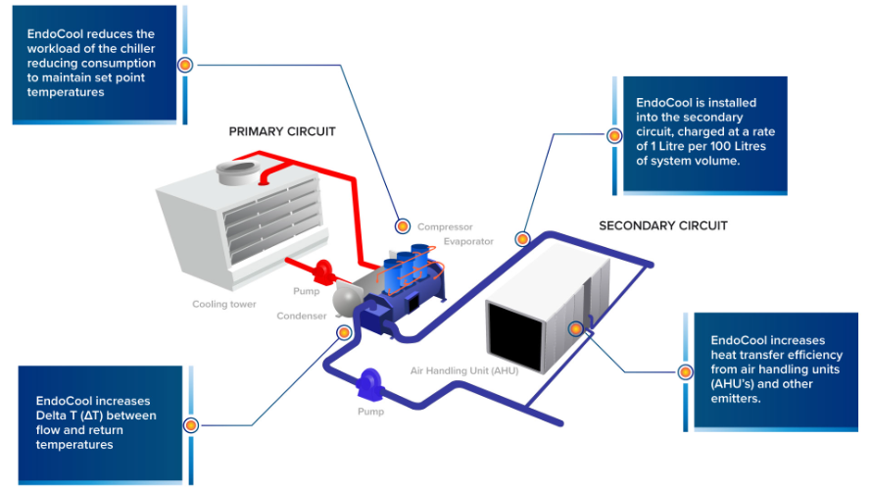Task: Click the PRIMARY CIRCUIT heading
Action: [x=282, y=132]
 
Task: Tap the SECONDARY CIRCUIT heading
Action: [x=663, y=225]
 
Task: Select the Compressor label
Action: [x=445, y=227]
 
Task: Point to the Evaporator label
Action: [x=468, y=241]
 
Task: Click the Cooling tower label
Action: [x=224, y=304]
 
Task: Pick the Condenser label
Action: [x=302, y=316]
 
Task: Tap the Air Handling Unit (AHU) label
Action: [x=464, y=370]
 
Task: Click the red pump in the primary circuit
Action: [x=322, y=272]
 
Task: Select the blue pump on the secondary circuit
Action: [x=368, y=384]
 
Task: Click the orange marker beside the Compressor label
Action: [x=403, y=226]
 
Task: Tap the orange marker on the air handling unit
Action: [x=576, y=329]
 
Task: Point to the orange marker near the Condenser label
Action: [x=344, y=332]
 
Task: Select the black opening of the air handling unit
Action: [x=515, y=337]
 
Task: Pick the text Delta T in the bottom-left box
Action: [x=56, y=416]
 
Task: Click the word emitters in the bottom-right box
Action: [x=735, y=399]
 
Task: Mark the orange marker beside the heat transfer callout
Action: [x=686, y=372]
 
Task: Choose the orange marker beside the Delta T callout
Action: [x=191, y=425]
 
